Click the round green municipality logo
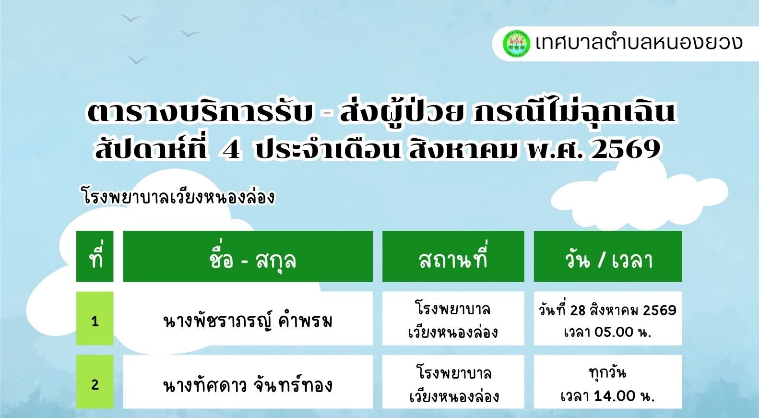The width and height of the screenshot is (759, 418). [516, 44]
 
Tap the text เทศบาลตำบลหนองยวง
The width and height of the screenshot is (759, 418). [639, 43]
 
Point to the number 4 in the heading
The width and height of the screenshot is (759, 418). [232, 149]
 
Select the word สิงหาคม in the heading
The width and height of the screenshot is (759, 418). [463, 148]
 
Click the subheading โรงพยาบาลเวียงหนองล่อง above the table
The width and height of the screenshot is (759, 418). [178, 197]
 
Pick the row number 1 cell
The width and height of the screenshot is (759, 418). [95, 318]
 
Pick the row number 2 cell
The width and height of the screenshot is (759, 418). [95, 382]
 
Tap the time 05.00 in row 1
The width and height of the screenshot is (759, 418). [614, 332]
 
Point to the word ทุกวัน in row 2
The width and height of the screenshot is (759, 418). [608, 373]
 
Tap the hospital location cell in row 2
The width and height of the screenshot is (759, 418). [453, 382]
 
